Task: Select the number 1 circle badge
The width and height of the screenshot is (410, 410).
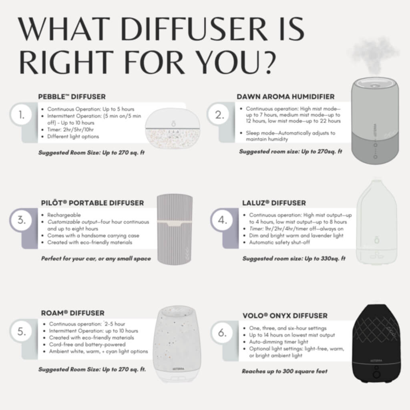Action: coord(21,116)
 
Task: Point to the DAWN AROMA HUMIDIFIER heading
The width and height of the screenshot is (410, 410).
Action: coord(285,96)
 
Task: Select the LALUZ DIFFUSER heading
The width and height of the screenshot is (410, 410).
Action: coord(274,203)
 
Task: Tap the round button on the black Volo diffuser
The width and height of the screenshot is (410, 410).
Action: coord(376,374)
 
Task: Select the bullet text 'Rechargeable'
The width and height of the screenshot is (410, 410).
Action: coord(64,215)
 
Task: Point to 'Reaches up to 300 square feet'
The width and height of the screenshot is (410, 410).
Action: coord(284,371)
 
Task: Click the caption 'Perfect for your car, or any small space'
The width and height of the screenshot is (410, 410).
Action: coord(96,258)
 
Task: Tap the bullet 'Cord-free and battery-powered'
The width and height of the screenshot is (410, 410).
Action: coord(87,344)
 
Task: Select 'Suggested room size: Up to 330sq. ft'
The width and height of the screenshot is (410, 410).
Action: coord(294,258)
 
